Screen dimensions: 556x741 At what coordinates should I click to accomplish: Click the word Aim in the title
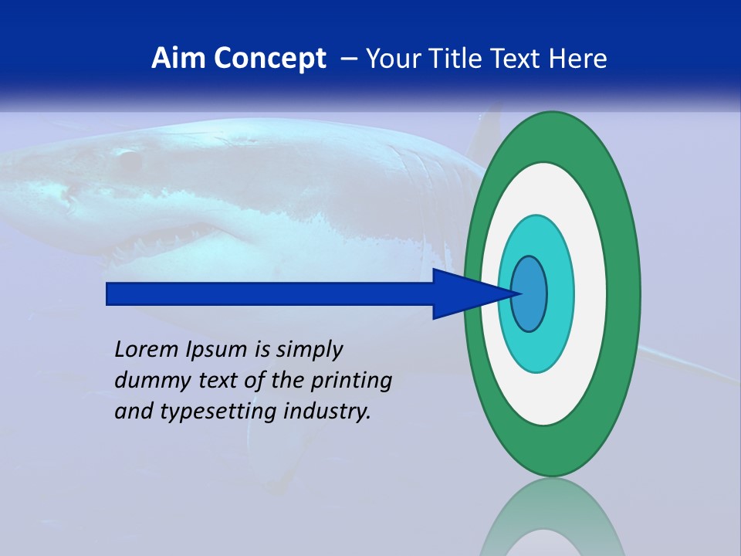[x=174, y=59]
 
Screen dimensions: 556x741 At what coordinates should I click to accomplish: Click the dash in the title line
[x=349, y=59]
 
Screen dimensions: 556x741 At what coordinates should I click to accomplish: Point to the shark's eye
[x=128, y=160]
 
